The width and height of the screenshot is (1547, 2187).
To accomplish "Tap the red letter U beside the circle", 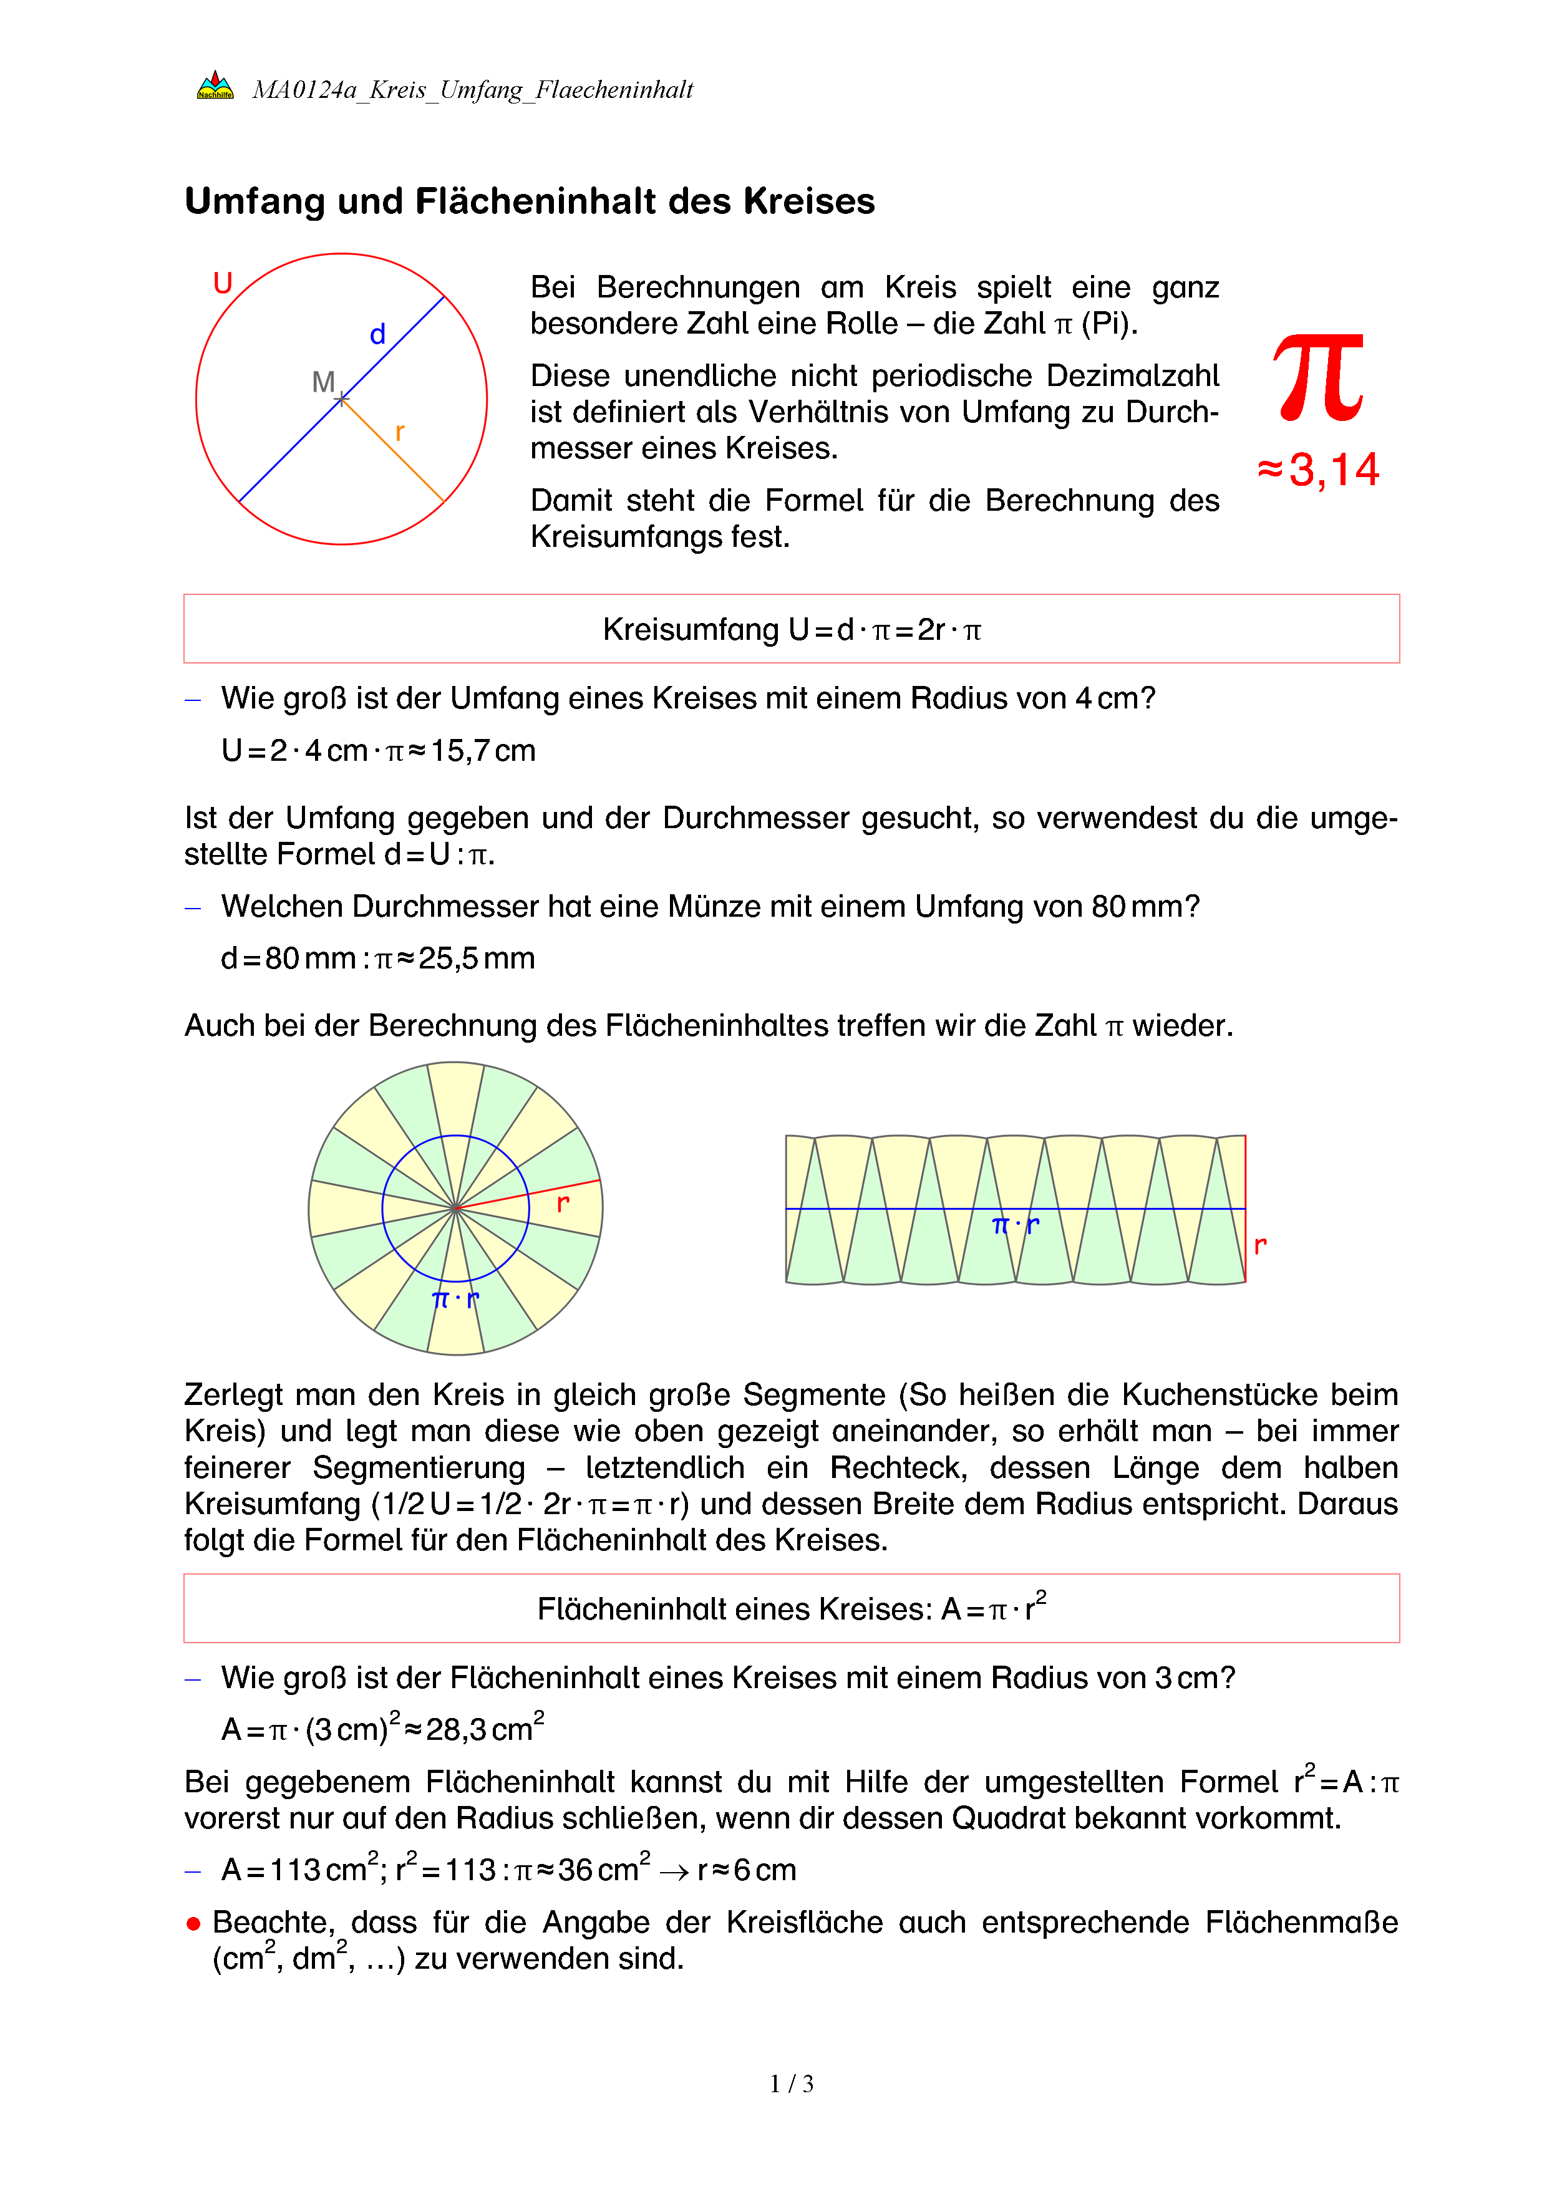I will click(223, 283).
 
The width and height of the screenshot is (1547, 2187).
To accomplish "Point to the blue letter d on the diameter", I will click(377, 334).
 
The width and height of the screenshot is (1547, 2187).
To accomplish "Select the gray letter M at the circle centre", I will click(323, 382).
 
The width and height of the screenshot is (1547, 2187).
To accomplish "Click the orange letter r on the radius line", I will click(399, 432).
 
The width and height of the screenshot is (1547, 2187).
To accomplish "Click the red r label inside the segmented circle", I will click(563, 1203).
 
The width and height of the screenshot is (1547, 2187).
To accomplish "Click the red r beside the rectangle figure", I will click(1260, 1244).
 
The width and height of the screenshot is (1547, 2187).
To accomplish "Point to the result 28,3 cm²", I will click(484, 1728).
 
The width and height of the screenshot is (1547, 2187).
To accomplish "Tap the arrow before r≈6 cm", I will click(674, 1871).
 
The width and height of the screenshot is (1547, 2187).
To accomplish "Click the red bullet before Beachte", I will click(193, 1924).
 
